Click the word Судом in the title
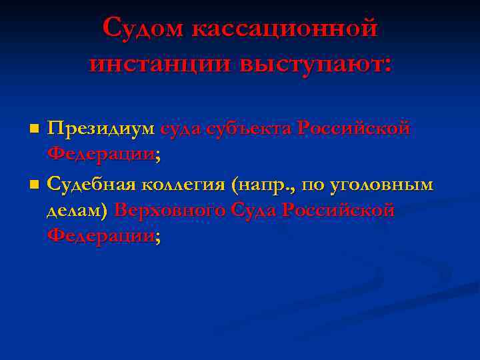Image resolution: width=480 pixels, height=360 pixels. point(142,29)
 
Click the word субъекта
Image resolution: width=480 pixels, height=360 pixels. point(248,127)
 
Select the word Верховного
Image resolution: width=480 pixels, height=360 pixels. point(169,211)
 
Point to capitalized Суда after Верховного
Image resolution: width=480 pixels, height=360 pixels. point(253,211)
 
